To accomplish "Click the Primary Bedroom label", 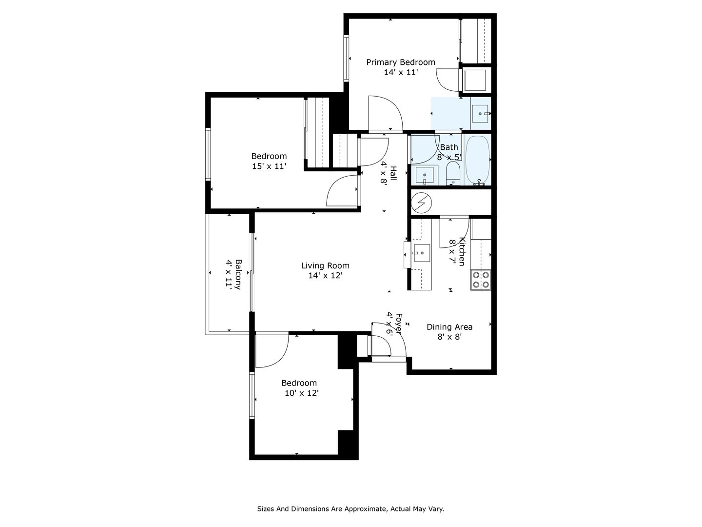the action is (x=400, y=62).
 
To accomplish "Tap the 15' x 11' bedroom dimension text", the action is (x=269, y=166).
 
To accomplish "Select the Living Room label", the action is (x=325, y=265).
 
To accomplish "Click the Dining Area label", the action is (x=449, y=327).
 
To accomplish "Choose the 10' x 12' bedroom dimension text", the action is (x=302, y=393).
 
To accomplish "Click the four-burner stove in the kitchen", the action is (x=480, y=280).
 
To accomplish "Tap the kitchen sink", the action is (x=422, y=253).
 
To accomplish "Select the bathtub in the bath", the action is (x=477, y=161).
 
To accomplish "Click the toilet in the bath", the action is (x=452, y=173).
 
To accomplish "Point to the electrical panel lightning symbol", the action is (x=421, y=203).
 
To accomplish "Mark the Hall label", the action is (x=393, y=174).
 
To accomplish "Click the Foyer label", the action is (x=399, y=323).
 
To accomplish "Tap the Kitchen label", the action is (x=462, y=251).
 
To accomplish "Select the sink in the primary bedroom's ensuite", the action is (x=480, y=114).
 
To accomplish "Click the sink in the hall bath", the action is (x=425, y=175).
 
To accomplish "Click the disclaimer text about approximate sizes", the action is (x=351, y=509).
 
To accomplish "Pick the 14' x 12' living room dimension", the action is (x=326, y=276).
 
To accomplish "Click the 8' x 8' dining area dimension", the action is (x=449, y=337).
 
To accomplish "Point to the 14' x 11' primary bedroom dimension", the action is (x=401, y=72).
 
